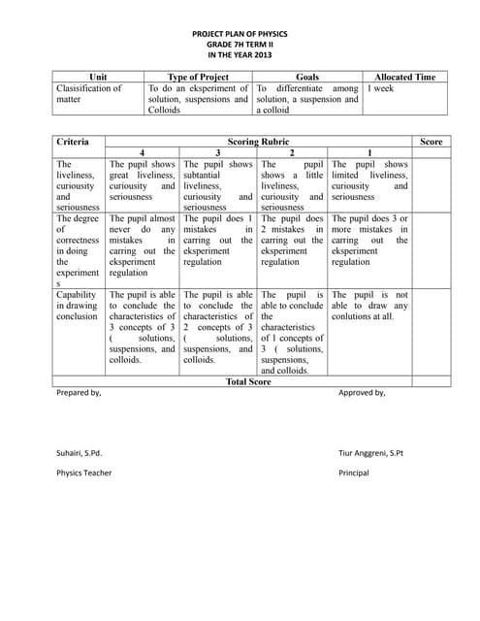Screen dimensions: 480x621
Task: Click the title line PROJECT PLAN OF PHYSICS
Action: tap(240, 33)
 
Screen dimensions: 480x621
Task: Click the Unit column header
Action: tap(99, 77)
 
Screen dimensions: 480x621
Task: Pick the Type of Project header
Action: tap(198, 77)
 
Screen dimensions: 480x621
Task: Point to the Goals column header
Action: tap(306, 77)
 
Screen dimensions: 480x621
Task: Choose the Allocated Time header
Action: tap(404, 77)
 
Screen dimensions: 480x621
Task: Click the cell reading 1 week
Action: tap(380, 88)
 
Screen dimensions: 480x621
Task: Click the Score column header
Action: tap(432, 142)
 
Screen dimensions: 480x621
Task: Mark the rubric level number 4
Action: tap(143, 153)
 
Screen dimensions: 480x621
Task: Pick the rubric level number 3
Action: tap(217, 153)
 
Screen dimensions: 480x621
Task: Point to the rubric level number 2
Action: tap(292, 153)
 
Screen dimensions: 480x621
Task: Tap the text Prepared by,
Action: tap(79, 394)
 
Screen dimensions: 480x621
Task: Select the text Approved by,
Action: tap(361, 394)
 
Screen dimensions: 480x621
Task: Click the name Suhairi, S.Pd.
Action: tap(80, 453)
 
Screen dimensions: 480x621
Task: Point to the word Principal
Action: tap(354, 474)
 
